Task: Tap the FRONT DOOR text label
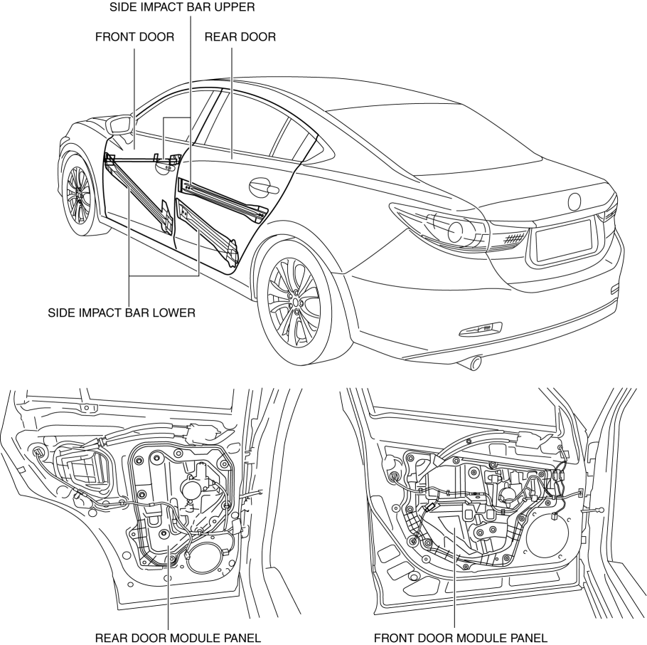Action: [x=134, y=37]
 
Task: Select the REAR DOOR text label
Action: [x=240, y=37]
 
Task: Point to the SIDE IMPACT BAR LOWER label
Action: [x=121, y=312]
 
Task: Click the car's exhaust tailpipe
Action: [x=470, y=364]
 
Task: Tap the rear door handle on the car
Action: [x=262, y=187]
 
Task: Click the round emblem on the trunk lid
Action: [x=574, y=201]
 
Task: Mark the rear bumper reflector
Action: [x=481, y=328]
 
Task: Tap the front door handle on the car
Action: [x=165, y=167]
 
